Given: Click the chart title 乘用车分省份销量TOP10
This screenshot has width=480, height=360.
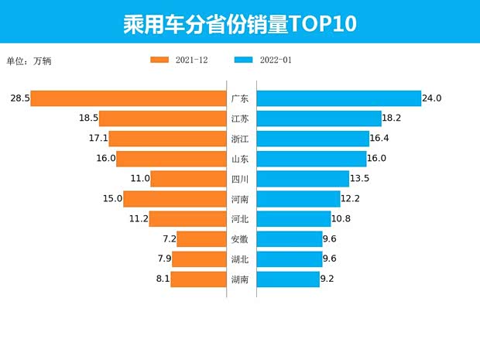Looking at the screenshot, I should tap(239, 23).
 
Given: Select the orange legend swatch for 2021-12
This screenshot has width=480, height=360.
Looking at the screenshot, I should tap(159, 60).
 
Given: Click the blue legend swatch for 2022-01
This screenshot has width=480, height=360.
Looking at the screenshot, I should tap(243, 60).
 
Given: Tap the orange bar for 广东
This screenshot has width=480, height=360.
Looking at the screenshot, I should tap(128, 98).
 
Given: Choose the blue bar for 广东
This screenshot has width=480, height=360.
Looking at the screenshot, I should tap(338, 98).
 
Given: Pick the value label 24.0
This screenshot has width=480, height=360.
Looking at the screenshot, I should tap(432, 98).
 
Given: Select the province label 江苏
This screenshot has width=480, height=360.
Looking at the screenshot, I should tap(240, 118).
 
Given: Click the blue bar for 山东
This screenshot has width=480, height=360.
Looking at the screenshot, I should tap(311, 159).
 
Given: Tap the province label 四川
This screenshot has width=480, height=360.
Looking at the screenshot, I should tap(240, 179).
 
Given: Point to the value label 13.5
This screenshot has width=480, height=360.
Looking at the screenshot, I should tap(362, 179).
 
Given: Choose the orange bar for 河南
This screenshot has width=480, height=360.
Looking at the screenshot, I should tap(174, 199).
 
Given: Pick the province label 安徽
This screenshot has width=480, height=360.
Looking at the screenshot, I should tap(240, 239).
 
